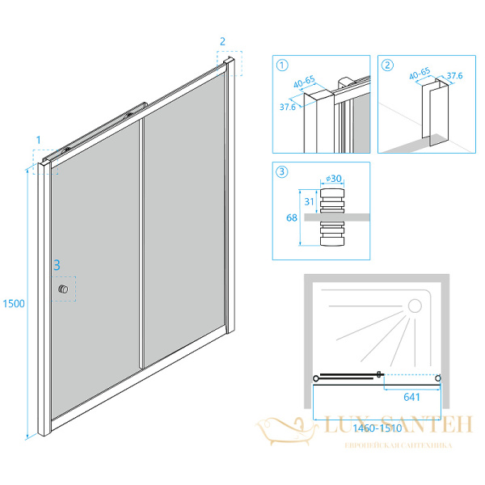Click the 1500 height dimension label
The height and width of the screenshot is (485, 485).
pyautogui.click(x=14, y=303)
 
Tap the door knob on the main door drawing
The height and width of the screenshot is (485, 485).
pyautogui.click(x=63, y=289)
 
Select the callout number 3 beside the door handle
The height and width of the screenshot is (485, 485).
pyautogui.click(x=57, y=265)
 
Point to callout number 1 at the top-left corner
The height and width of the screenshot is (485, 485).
pyautogui.click(x=38, y=140)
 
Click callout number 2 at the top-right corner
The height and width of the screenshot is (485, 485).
pyautogui.click(x=222, y=41)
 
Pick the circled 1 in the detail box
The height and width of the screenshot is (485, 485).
pyautogui.click(x=282, y=65)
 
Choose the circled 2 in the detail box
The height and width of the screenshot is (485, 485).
pyautogui.click(x=387, y=65)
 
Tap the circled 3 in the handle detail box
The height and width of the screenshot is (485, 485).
pyautogui.click(x=282, y=171)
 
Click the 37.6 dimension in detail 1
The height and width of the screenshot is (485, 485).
pyautogui.click(x=288, y=107)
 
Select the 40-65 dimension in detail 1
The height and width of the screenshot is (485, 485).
pyautogui.click(x=305, y=82)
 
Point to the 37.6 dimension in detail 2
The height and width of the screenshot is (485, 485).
pyautogui.click(x=454, y=75)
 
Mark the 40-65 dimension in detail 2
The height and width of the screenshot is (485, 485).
pyautogui.click(x=420, y=73)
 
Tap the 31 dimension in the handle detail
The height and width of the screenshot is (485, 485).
pyautogui.click(x=309, y=201)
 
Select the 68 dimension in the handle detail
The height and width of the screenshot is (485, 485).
pyautogui.click(x=292, y=217)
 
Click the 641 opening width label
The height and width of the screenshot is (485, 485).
pyautogui.click(x=411, y=397)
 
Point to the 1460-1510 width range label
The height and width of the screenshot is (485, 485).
pyautogui.click(x=377, y=428)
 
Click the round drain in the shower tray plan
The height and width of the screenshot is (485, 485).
pyautogui.click(x=415, y=306)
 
